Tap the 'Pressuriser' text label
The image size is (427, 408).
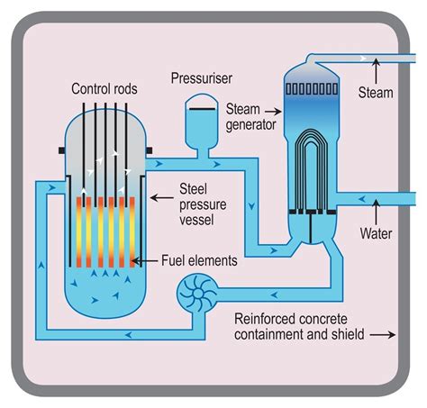(x=204, y=78)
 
